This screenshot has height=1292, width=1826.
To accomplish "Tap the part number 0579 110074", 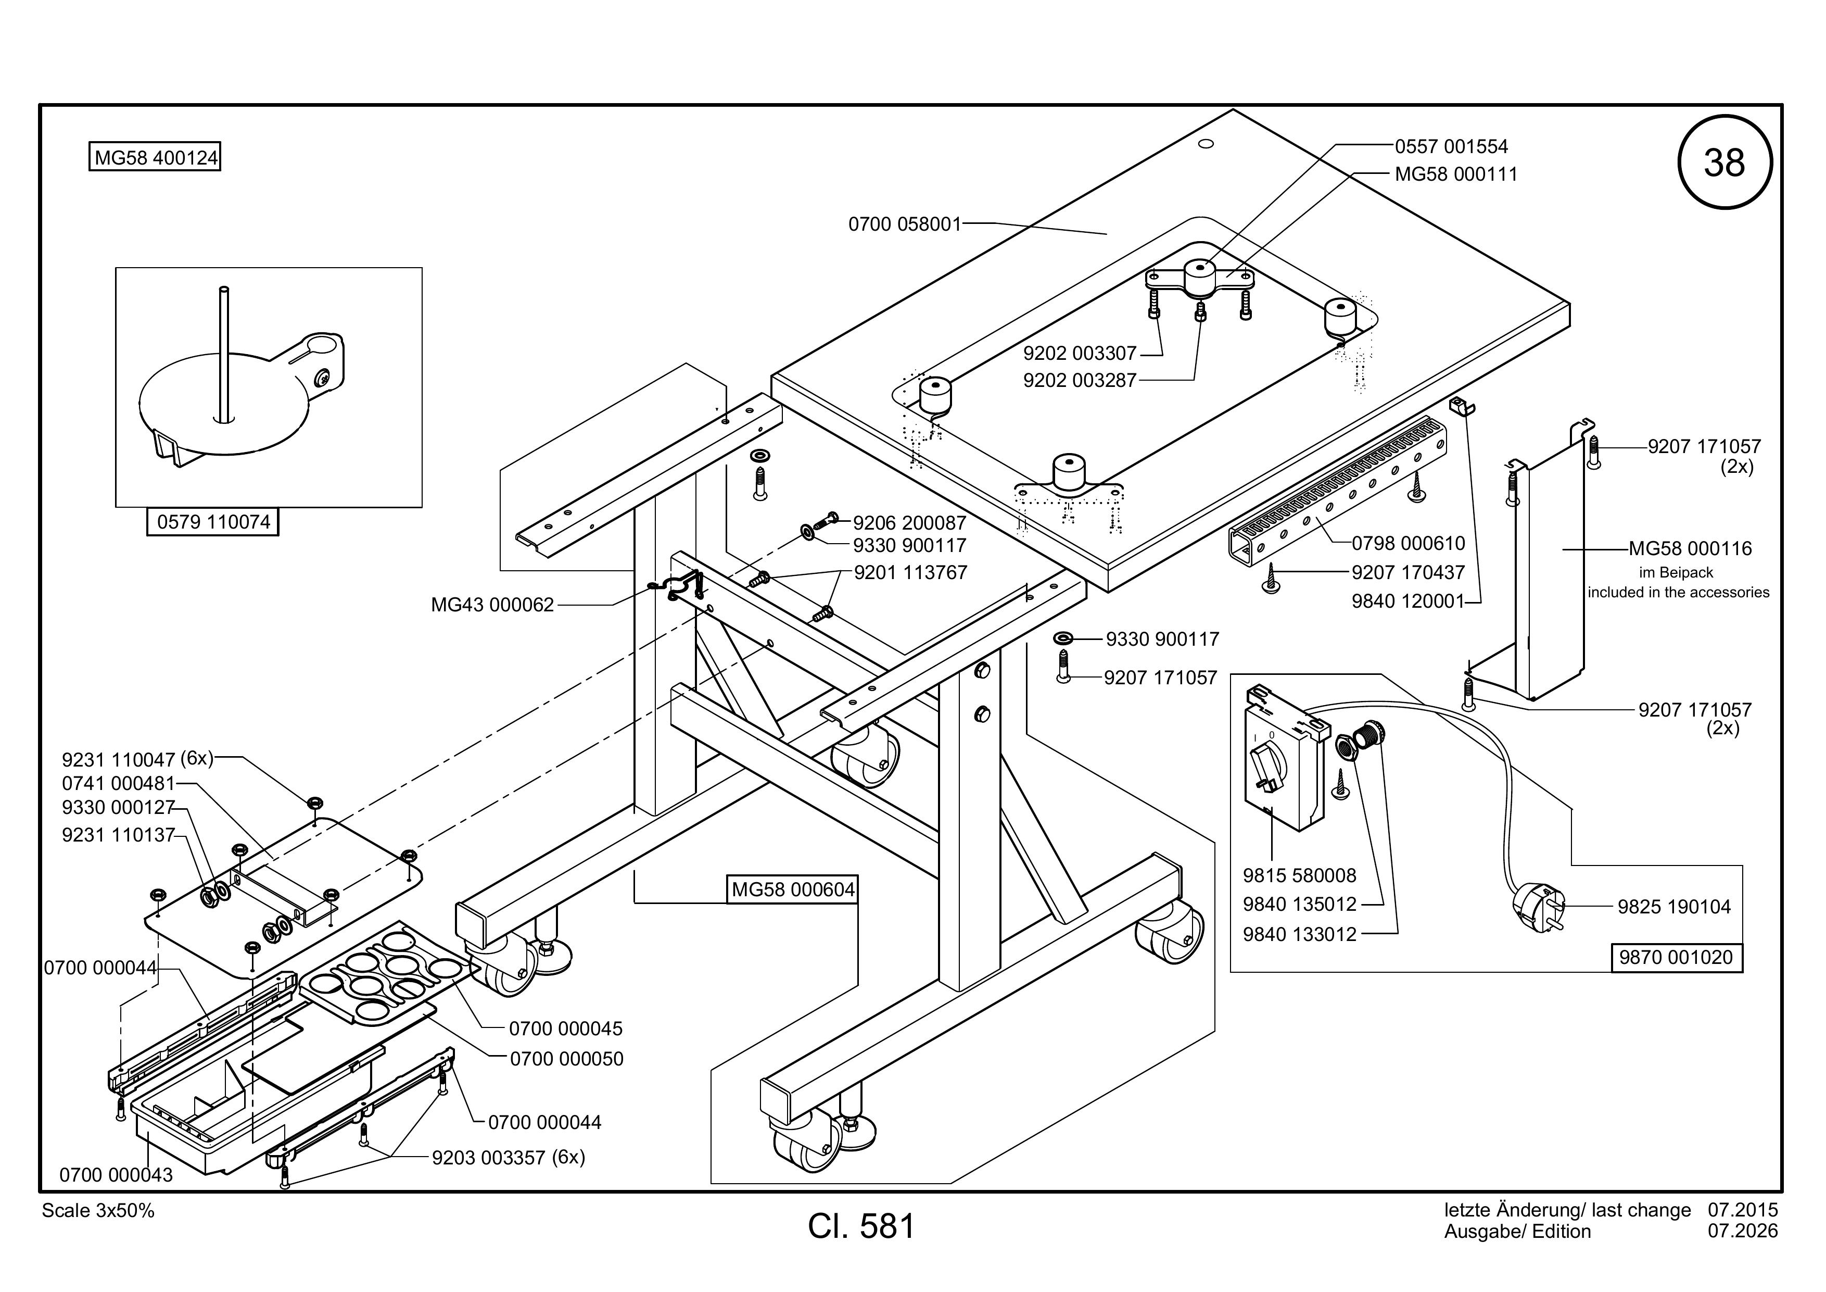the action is point(213,522).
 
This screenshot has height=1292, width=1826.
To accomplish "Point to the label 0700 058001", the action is point(905,224).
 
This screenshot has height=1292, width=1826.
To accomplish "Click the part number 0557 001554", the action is point(1451,146).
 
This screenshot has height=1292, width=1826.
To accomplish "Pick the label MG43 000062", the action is point(492,605).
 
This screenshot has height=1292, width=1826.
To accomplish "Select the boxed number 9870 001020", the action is point(1676,957).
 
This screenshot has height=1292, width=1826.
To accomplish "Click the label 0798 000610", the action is point(1409,543).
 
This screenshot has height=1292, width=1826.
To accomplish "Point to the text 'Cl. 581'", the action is point(861,1226).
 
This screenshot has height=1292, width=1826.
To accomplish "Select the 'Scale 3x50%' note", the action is point(98,1210).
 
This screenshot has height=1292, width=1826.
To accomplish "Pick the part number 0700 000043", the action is point(116,1174).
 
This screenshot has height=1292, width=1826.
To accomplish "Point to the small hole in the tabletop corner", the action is point(1205,144).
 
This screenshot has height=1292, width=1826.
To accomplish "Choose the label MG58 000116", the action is point(1690,548).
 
